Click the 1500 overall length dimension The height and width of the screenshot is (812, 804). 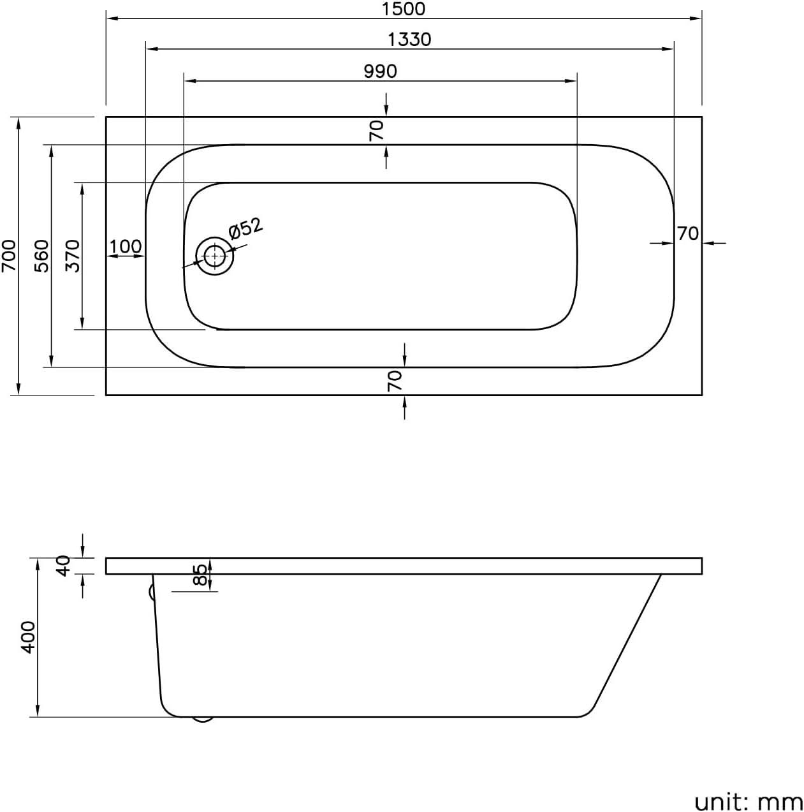point(404,8)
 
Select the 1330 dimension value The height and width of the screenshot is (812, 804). point(409,40)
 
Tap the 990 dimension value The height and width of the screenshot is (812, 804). point(380,71)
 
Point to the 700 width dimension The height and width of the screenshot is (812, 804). point(8,255)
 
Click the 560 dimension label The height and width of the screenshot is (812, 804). point(41,255)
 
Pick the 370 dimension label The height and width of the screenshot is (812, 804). point(73,255)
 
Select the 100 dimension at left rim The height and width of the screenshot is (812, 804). point(126,246)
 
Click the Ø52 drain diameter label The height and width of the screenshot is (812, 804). point(245,228)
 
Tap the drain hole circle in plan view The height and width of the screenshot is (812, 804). point(215,256)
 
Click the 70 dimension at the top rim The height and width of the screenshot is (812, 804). point(377,130)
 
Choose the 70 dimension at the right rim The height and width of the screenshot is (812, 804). point(687,233)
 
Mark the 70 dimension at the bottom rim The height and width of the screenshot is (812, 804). point(395,381)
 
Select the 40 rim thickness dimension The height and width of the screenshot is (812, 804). point(62,565)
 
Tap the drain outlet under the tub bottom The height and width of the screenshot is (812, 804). point(203,720)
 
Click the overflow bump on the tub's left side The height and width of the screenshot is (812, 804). point(152,592)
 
